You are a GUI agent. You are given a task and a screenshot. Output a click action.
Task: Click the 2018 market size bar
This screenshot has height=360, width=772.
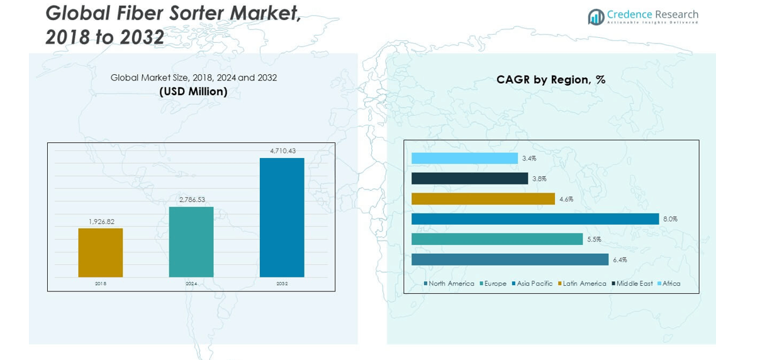(x=100, y=252)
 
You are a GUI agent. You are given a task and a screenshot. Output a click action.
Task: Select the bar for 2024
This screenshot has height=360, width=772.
(x=191, y=242)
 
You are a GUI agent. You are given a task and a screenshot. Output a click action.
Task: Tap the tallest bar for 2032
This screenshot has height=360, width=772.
(x=282, y=217)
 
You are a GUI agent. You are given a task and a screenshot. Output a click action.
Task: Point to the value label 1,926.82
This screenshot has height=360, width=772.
(x=101, y=222)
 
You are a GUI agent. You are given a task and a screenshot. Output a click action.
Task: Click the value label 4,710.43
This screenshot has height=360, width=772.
(x=283, y=151)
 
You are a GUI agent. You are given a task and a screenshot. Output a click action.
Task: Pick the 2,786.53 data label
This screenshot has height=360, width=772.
(x=192, y=200)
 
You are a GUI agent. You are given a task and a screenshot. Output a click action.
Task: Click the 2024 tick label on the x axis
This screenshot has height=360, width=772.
(x=191, y=284)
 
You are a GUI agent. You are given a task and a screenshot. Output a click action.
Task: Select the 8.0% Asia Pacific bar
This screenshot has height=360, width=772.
(x=535, y=219)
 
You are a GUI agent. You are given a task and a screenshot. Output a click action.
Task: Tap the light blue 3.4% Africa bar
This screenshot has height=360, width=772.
(x=464, y=159)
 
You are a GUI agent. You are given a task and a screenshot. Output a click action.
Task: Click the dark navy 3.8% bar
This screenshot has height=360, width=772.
(x=469, y=179)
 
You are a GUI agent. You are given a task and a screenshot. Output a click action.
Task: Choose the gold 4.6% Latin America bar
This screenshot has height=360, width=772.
(x=483, y=199)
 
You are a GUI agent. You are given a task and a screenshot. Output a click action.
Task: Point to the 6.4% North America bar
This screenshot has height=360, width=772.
(x=510, y=259)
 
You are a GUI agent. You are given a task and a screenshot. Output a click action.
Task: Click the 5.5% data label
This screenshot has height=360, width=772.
(x=594, y=239)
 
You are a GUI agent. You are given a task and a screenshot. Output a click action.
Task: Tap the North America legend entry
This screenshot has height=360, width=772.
(x=451, y=284)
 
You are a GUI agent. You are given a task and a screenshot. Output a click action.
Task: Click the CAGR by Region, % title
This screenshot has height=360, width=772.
(x=551, y=80)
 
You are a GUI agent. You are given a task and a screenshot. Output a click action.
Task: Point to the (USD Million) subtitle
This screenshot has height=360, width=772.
(x=193, y=92)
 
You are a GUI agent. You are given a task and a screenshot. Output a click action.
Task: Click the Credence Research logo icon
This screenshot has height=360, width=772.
(x=595, y=17)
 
